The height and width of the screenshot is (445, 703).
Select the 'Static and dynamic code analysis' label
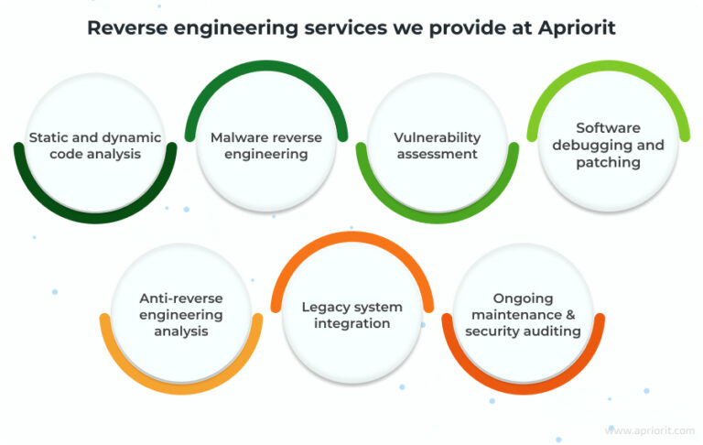pos(95,146)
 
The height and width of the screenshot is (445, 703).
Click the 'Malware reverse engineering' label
pos(266,146)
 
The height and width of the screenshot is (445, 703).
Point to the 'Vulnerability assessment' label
pos(438,146)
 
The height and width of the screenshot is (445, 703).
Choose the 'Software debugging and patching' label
pos(608,146)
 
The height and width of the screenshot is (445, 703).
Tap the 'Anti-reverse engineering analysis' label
pos(181,314)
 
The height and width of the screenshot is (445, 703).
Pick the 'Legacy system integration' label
pos(352,314)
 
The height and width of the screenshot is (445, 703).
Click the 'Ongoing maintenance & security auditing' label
pos(523,314)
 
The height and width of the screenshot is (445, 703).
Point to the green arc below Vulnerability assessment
pos(438,218)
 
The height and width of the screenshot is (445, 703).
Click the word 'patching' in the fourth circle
pos(608,162)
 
